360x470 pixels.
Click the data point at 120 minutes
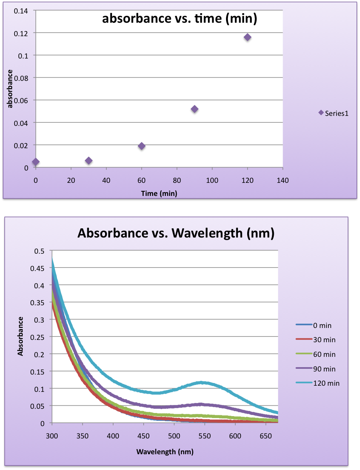tap(247, 37)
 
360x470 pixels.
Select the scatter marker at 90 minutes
tap(194, 109)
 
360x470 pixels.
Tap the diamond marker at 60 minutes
tap(141, 146)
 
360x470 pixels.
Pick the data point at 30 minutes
tap(89, 161)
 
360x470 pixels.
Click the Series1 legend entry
tap(334, 113)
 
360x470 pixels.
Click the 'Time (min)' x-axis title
tap(159, 194)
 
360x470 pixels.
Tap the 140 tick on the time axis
tap(283, 180)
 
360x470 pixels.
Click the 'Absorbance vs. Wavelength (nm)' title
tap(176, 233)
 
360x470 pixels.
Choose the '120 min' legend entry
tap(318, 383)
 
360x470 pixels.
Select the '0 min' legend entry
tap(314, 325)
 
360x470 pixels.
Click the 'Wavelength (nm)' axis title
tap(164, 451)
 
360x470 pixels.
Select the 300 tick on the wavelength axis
tap(52, 435)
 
